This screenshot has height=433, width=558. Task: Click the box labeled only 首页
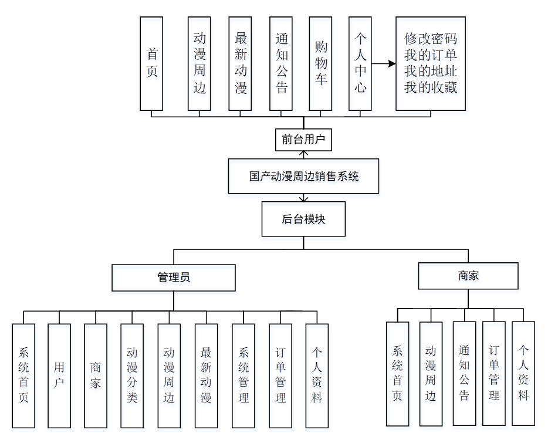151,63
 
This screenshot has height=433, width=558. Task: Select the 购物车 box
320,63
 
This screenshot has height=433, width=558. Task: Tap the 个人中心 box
360,63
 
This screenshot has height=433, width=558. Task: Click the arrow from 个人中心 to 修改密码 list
384,63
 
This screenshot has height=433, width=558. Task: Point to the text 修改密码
431,39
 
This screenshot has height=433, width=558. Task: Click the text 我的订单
431,56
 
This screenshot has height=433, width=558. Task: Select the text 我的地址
431,72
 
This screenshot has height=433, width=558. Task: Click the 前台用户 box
303,140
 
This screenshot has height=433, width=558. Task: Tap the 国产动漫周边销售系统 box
303,176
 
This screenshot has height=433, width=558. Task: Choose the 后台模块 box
303,219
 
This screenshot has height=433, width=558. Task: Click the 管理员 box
174,278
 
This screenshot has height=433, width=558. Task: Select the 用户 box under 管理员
59,376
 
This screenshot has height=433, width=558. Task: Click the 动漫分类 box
132,376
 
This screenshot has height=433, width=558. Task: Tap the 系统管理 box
244,376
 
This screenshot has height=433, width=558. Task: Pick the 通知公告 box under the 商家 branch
464,373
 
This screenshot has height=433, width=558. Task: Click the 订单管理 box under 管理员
280,376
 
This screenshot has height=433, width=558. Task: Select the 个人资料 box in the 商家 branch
523,373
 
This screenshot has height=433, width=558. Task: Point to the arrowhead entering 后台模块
303,199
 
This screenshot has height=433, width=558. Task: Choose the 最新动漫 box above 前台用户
241,63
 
